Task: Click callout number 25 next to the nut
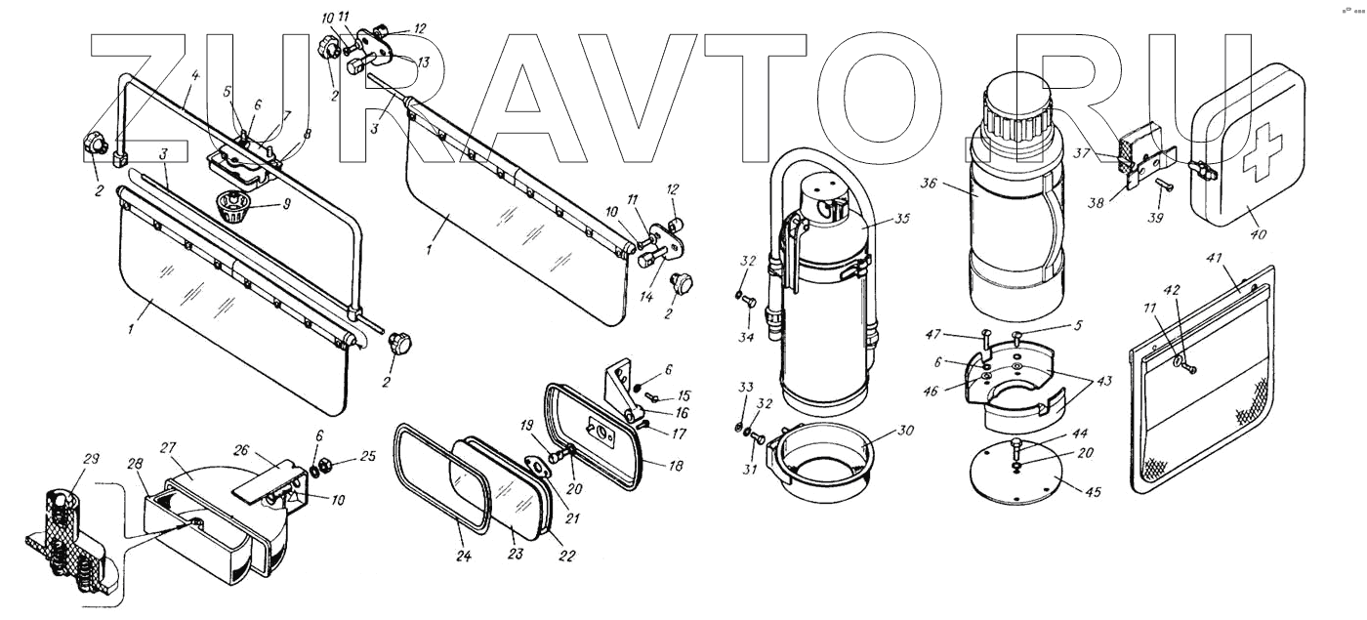[x=340, y=454]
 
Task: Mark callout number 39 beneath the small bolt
[x=1156, y=218]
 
